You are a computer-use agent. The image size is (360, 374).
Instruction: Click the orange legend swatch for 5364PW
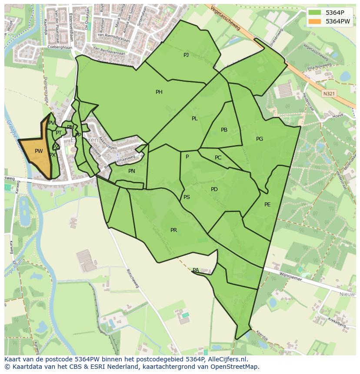click(315, 21)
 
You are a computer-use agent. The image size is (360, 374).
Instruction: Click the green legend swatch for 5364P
click(315, 13)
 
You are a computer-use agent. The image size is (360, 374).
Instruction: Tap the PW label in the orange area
click(39, 151)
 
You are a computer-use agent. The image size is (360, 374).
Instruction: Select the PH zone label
click(159, 92)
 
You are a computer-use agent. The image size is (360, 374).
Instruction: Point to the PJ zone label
click(186, 55)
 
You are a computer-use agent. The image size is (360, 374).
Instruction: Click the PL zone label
click(194, 119)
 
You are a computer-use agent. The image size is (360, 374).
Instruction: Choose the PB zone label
click(224, 130)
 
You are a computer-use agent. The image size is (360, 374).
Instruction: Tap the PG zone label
click(260, 139)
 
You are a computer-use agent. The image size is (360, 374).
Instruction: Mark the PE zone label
click(267, 204)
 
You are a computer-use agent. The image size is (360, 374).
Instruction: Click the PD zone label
click(214, 189)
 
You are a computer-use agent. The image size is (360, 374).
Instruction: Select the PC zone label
click(218, 158)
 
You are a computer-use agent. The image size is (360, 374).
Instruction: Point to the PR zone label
click(173, 230)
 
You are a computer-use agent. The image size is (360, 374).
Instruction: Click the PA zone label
click(196, 270)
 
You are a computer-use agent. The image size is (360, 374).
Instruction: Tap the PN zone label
click(132, 171)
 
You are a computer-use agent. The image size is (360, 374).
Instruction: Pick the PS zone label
click(187, 197)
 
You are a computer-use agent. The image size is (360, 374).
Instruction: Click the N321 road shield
click(329, 93)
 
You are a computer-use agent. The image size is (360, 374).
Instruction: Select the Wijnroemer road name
click(291, 276)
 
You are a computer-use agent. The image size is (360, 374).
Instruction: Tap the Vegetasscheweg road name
click(225, 18)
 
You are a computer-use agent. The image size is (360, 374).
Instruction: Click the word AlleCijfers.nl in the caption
click(227, 359)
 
